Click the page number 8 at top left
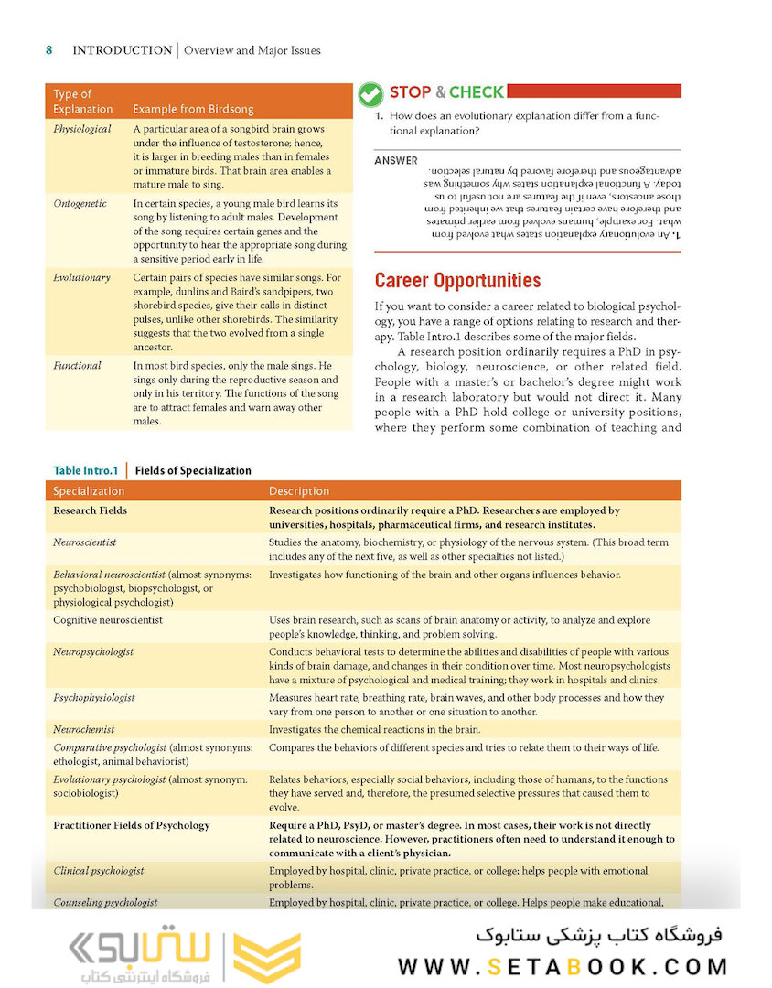click(x=49, y=50)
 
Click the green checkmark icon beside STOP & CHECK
click(x=370, y=94)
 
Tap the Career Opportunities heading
click(x=457, y=281)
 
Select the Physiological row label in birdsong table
click(x=82, y=129)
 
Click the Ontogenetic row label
click(x=80, y=204)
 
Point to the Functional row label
click(x=77, y=365)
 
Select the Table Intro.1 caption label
click(x=85, y=470)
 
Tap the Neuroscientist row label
click(x=84, y=542)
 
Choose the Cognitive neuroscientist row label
click(x=108, y=620)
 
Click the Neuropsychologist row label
click(x=93, y=651)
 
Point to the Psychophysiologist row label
click(x=94, y=698)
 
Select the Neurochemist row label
click(x=83, y=729)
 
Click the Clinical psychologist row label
click(x=98, y=871)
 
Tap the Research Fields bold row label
click(x=90, y=510)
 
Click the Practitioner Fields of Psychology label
click(x=131, y=825)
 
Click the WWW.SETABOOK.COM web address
click(x=563, y=967)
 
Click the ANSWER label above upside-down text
click(x=395, y=161)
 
